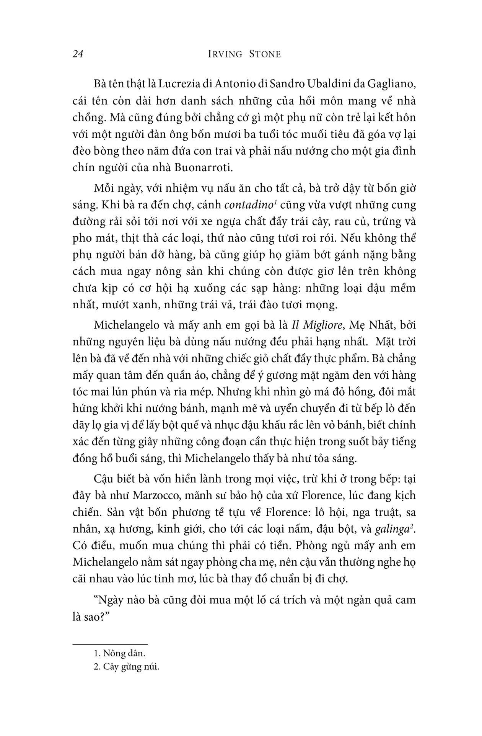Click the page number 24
[78, 54]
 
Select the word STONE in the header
[264, 54]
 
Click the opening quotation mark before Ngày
[96, 600]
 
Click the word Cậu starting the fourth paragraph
[104, 479]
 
